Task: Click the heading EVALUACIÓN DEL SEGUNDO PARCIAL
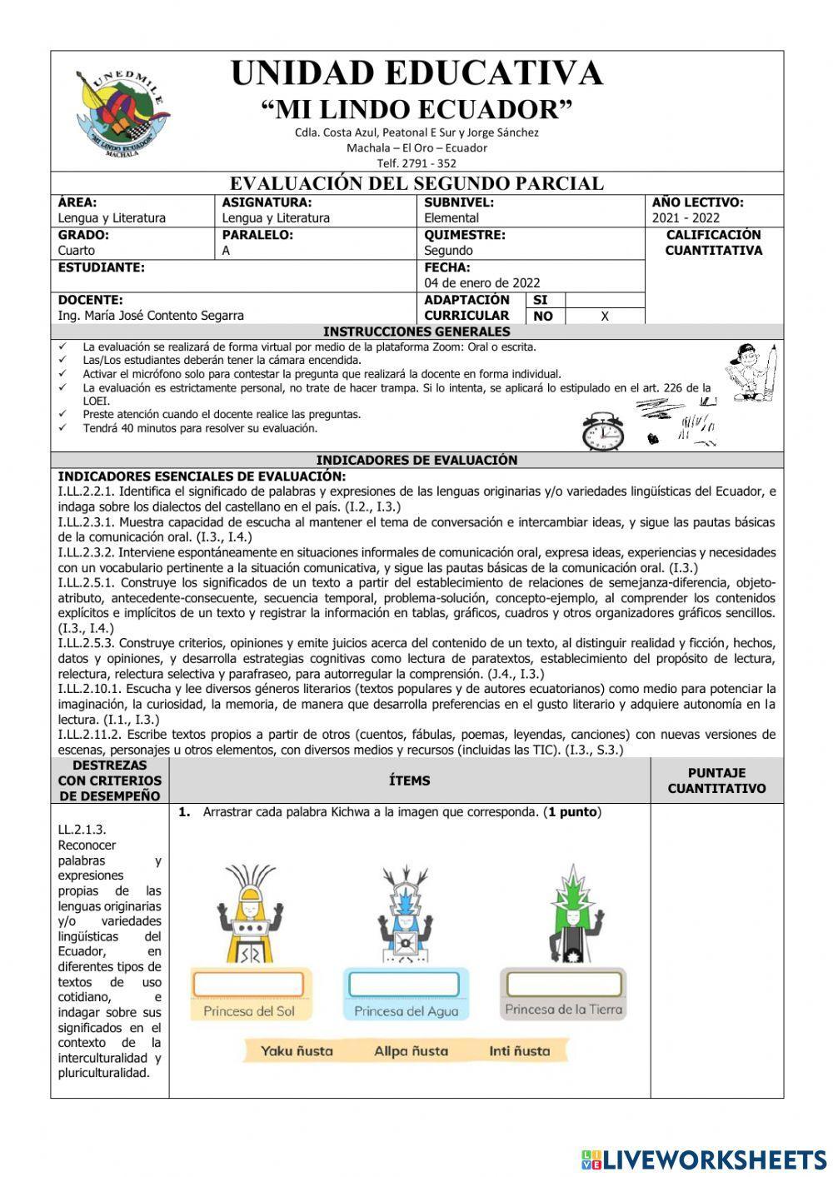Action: coord(416,183)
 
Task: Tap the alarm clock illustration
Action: coord(602,431)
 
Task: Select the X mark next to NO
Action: coord(605,317)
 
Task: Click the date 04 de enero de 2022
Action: coord(482,283)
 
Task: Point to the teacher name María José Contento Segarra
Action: coord(151,316)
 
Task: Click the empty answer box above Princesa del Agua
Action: coord(404,984)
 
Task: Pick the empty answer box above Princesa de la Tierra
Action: coord(564,984)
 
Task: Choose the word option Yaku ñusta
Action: coord(297,1051)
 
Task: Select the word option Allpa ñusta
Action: coord(411,1051)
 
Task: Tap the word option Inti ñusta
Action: coord(519,1051)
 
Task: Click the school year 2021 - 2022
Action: coord(686,218)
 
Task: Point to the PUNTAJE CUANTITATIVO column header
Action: coord(716,781)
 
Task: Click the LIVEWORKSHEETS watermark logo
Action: coord(703,1160)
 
